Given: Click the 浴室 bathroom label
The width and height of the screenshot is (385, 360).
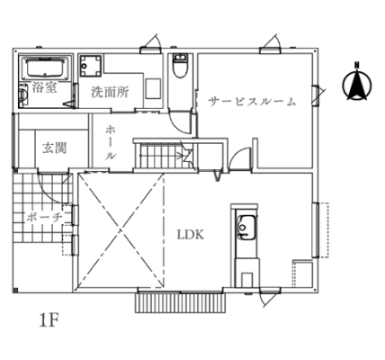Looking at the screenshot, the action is point(44,87).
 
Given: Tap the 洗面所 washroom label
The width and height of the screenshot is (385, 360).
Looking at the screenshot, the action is point(110,92).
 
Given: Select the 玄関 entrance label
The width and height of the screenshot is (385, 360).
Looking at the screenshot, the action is point(54,148).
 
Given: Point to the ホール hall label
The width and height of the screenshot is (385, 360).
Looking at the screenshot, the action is point(111,142).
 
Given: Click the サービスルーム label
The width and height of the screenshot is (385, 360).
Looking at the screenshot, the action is point(252,102).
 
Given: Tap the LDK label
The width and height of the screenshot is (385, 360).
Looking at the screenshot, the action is point(191,234).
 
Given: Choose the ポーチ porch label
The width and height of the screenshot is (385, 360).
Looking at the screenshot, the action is point(44,217).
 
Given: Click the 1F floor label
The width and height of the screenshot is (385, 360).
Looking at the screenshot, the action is point(49,320).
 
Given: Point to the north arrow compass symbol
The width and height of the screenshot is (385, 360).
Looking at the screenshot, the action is point(357,82).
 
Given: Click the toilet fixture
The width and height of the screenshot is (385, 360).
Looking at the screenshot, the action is point(180,66).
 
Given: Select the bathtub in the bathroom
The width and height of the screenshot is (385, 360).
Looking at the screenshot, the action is point(46,67).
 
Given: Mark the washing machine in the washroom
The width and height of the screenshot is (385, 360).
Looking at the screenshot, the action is point(91,66).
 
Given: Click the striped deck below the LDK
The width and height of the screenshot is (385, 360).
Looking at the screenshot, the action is point(181,302).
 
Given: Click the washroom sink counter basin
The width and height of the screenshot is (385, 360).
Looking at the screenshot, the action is point(153,88).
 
